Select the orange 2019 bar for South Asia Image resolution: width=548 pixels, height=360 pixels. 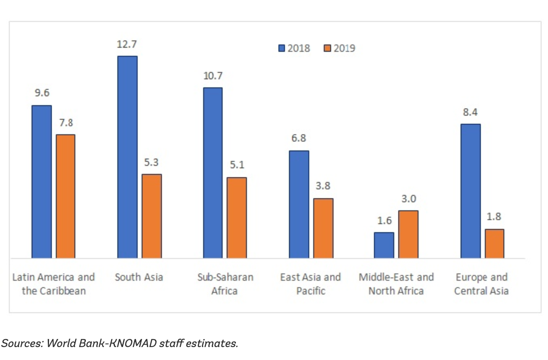coord(152,216)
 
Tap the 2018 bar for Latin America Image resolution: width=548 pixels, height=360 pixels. coord(42,182)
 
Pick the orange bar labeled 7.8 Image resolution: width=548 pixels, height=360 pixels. coord(66,196)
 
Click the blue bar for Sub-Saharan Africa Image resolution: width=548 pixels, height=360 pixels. coord(213,173)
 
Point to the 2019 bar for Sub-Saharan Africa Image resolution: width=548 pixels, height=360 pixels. coord(237,218)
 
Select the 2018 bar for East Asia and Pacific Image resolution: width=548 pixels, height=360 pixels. coord(299,204)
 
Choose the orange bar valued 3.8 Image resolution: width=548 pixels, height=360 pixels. coord(323,228)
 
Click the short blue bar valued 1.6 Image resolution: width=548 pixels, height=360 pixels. coord(384,245)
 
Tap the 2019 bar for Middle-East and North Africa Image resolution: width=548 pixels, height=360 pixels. coord(408,234)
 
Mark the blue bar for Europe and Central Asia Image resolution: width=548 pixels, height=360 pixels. coord(471,191)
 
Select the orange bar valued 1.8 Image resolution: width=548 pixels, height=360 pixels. coord(495,244)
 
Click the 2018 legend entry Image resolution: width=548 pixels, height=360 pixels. coord(294,48)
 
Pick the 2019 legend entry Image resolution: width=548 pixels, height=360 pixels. coord(340,48)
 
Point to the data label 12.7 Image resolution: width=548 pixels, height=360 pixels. coord(127,44)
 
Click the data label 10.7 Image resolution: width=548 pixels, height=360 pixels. coord(212,76)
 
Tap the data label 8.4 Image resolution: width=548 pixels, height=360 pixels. coord(471,112)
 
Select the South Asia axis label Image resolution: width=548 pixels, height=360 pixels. coord(139,277)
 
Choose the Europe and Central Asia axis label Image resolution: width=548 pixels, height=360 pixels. coord(482,284)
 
